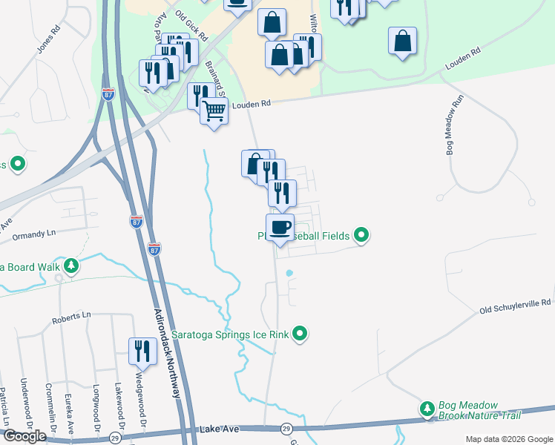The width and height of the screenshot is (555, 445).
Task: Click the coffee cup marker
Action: click(x=280, y=227)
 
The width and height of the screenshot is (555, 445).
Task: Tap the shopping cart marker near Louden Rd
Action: click(x=214, y=111)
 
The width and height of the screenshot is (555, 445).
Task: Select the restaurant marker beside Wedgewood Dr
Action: click(x=142, y=351)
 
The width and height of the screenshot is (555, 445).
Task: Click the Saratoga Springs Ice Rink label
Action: click(x=230, y=335)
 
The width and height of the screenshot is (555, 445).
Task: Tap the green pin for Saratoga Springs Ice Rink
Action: click(x=300, y=334)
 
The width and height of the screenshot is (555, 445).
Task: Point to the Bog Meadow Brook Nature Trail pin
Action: click(x=427, y=409)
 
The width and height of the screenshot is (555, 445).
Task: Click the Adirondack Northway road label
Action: click(x=167, y=352)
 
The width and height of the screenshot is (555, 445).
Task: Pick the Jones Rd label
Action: click(x=47, y=42)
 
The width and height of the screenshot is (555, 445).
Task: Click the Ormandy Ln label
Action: click(x=34, y=236)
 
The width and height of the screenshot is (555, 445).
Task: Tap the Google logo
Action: click(x=24, y=436)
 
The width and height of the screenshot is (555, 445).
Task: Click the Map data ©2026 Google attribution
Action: click(x=508, y=439)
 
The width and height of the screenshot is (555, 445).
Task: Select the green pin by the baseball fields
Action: click(x=361, y=236)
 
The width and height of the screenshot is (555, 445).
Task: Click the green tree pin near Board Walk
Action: click(x=70, y=266)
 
